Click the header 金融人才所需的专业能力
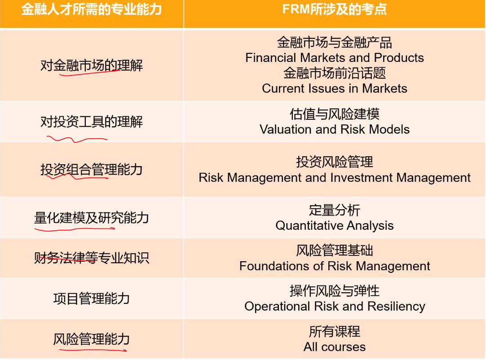point(92,9)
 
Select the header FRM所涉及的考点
point(335,9)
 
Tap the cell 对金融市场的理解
point(92,66)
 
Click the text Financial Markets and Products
point(335,57)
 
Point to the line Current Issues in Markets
point(335,88)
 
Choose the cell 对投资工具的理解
point(92,122)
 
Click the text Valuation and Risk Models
point(335,129)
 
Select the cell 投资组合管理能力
point(92,170)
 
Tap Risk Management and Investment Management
point(335,177)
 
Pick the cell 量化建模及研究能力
point(92,218)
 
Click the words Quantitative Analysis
point(335,225)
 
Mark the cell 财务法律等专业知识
point(92,258)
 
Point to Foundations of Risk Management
point(335,266)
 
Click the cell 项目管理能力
point(92,299)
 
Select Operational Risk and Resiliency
point(335,307)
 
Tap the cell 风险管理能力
point(92,339)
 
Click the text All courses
point(335,347)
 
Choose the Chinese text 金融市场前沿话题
point(335,73)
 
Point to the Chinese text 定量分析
point(335,210)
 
